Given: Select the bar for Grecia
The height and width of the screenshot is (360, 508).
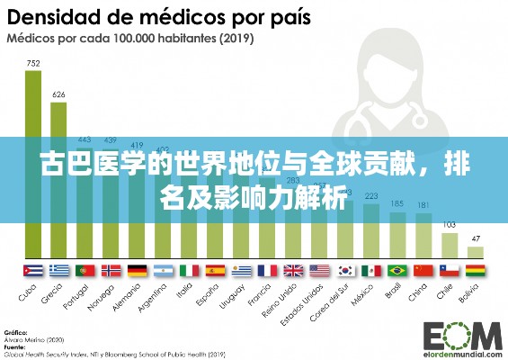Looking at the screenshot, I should click(x=59, y=180).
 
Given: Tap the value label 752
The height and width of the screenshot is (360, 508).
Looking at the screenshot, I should click(x=33, y=63).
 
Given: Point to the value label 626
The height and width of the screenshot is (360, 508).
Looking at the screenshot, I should click(x=59, y=94).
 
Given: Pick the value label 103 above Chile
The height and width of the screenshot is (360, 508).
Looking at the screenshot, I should click(x=449, y=224).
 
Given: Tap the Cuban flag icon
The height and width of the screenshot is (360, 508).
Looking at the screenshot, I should click(x=33, y=269).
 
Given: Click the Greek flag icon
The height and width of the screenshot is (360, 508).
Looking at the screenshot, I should click(x=59, y=269).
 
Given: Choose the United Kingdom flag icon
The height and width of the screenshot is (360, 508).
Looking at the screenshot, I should click(x=293, y=269).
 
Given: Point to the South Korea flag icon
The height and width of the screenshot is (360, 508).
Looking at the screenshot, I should click(x=345, y=269).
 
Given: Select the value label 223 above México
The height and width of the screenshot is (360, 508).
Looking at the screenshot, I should click(x=370, y=195).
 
